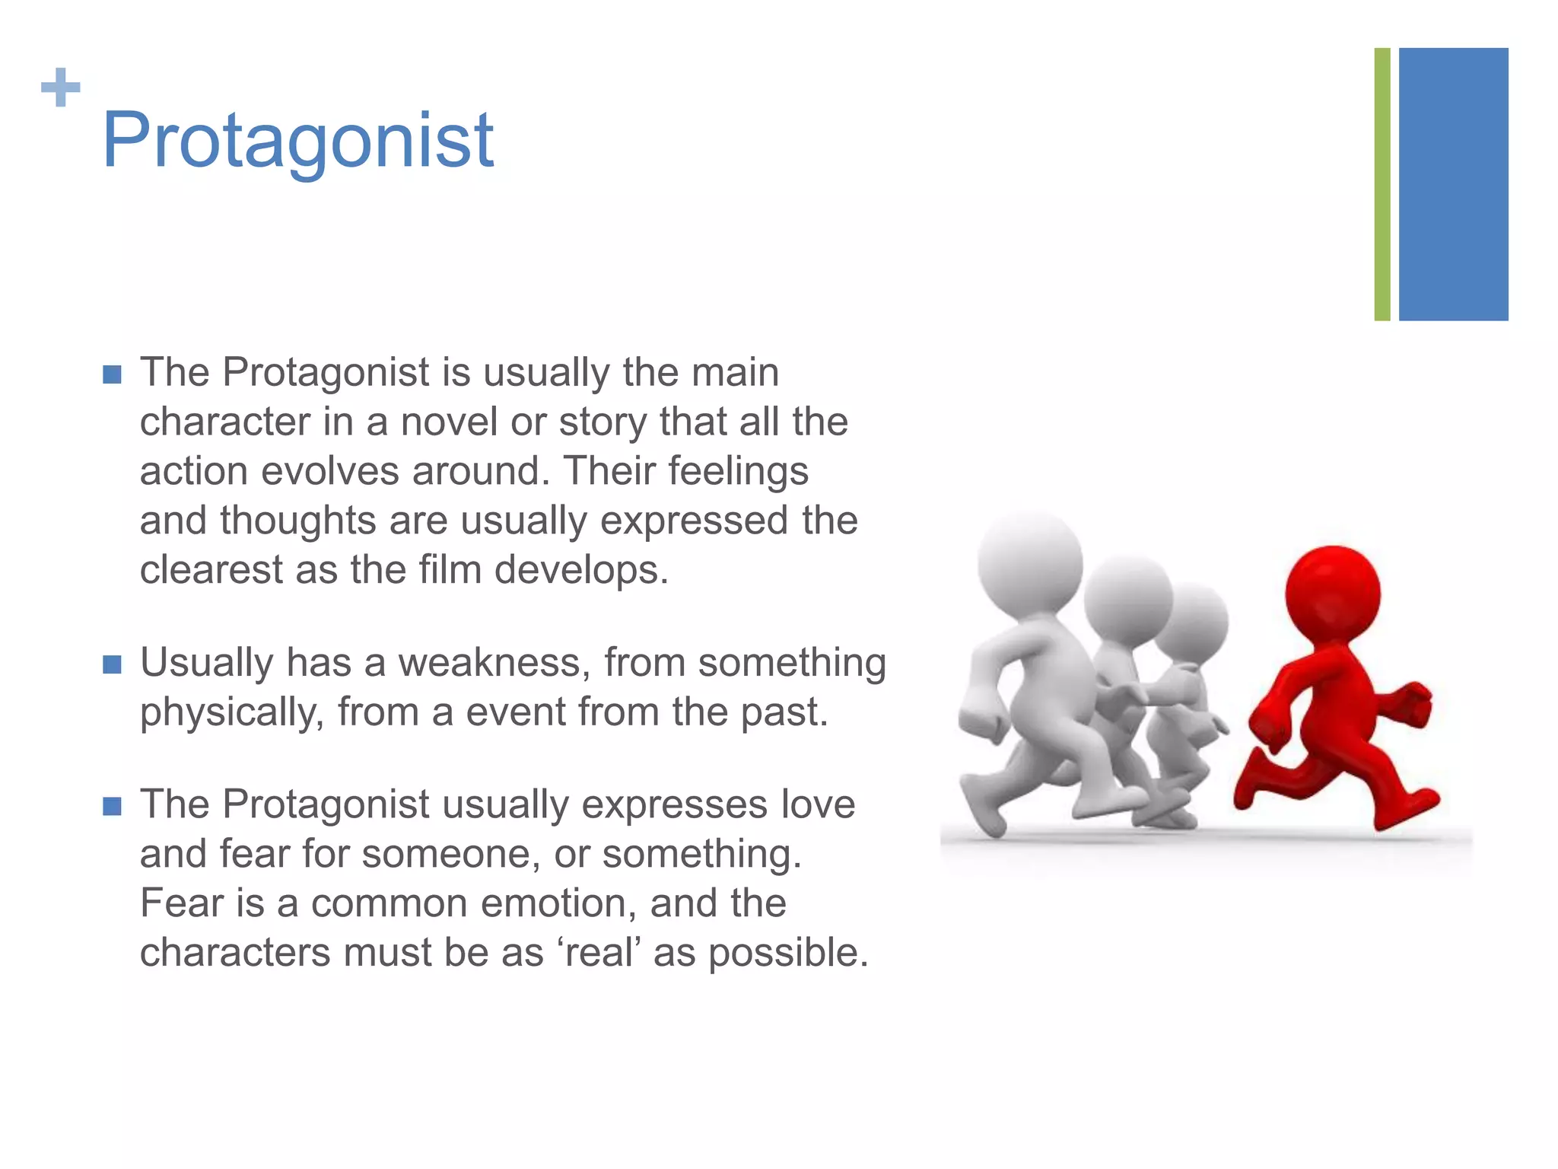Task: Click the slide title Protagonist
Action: click(297, 141)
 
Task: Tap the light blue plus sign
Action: click(60, 88)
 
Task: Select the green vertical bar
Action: click(1382, 184)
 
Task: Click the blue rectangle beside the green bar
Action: click(1453, 184)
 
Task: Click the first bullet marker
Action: click(112, 375)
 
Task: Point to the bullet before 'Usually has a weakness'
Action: click(112, 665)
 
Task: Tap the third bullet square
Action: click(112, 807)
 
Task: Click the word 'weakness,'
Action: click(494, 662)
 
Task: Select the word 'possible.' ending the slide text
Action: click(788, 953)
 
